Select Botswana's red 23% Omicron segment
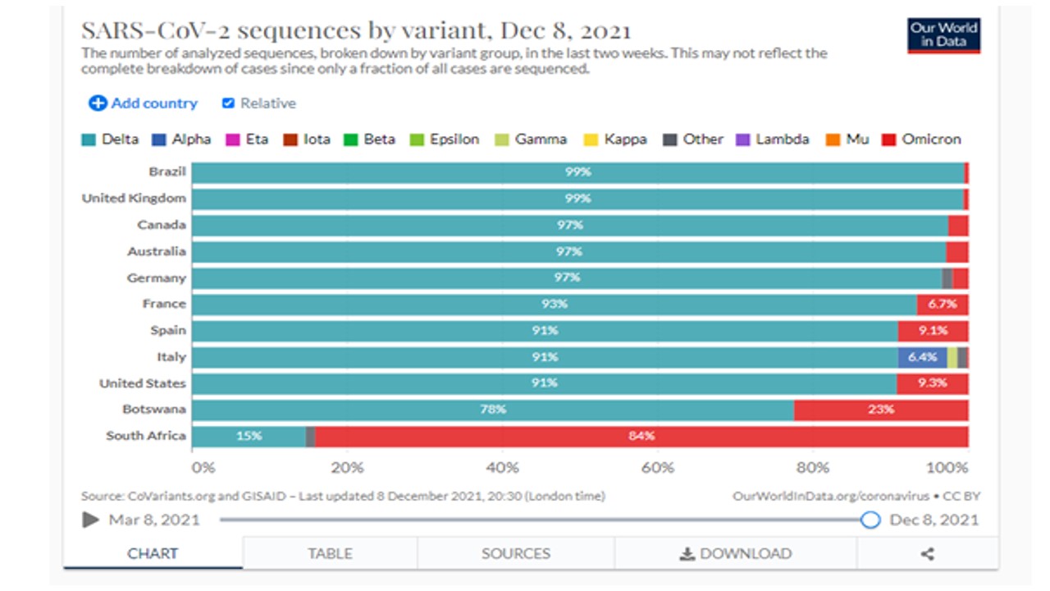point(881,410)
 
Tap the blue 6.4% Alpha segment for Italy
point(922,357)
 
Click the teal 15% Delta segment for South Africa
point(249,436)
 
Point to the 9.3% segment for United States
point(932,383)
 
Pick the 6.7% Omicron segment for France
point(943,305)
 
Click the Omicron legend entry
point(921,140)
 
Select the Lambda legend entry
point(774,140)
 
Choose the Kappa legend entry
point(615,140)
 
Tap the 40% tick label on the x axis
point(502,468)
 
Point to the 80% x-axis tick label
point(813,468)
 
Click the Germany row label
point(156,278)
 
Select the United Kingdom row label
point(134,199)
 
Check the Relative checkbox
point(229,103)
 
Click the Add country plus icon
point(98,103)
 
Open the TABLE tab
point(330,553)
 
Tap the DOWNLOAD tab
point(736,553)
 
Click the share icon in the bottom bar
point(927,553)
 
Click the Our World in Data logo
point(943,35)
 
